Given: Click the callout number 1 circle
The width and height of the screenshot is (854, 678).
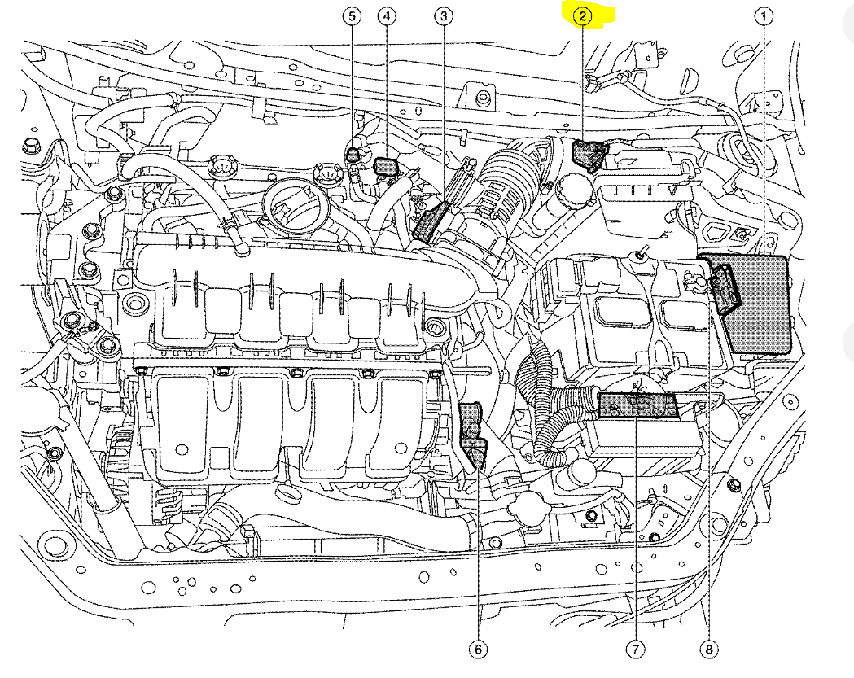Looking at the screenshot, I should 764,15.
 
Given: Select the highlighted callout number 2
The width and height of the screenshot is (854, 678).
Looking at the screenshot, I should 584,15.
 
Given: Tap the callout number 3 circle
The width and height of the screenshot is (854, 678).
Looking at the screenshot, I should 443,15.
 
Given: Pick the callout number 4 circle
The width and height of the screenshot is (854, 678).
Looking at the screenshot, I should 387,15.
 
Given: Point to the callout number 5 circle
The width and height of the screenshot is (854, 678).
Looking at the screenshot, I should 352,15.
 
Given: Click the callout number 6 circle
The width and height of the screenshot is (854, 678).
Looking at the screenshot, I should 478,649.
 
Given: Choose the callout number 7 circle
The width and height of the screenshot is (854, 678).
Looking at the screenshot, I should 634,649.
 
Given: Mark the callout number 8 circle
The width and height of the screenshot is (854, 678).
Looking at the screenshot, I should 709,649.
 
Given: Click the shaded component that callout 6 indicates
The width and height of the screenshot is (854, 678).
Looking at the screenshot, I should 472,431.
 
